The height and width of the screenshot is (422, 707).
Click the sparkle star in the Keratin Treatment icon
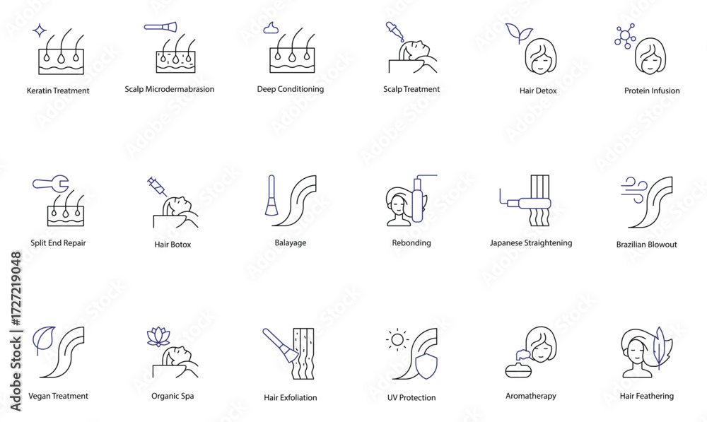[40, 30]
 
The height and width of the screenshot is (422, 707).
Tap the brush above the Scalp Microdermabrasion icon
[160, 27]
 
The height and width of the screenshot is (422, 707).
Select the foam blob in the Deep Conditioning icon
[271, 28]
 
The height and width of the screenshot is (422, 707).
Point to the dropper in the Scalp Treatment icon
[394, 32]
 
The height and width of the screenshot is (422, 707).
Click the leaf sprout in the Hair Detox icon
[518, 33]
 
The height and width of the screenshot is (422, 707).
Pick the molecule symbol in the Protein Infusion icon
[626, 35]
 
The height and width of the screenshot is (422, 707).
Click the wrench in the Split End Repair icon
[50, 184]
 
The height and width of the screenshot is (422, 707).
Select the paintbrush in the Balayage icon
[271, 195]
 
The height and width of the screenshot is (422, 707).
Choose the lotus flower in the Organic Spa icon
[158, 336]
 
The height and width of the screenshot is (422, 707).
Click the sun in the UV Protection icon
[397, 339]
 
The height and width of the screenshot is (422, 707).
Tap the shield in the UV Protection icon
[426, 365]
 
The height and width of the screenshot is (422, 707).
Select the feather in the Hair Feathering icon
[660, 348]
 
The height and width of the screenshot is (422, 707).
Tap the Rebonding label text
[411, 243]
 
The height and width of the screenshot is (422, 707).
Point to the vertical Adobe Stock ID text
[16, 332]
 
